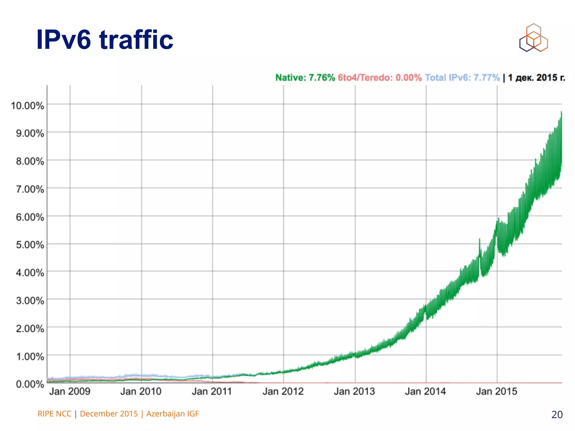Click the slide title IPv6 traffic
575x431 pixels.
tap(105, 40)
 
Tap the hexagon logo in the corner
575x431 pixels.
tap(533, 38)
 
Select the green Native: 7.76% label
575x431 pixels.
tap(305, 77)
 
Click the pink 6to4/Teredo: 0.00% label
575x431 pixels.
tap(380, 77)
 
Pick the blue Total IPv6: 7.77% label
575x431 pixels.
tap(462, 77)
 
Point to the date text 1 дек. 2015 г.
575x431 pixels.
tap(537, 77)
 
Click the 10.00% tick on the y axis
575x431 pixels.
tap(28, 106)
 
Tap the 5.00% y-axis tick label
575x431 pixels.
tap(30, 245)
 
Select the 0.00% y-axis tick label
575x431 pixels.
tap(30, 384)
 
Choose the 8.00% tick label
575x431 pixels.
tap(30, 161)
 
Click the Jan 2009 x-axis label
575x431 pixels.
tap(70, 391)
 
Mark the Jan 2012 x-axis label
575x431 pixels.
tap(283, 391)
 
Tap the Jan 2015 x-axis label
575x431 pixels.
tap(496, 391)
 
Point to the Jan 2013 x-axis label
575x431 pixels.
tap(354, 391)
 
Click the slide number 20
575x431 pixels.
tap(557, 414)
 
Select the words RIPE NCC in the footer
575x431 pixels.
tap(54, 414)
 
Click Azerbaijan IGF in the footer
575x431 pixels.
tap(172, 414)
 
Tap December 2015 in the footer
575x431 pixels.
tap(109, 414)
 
